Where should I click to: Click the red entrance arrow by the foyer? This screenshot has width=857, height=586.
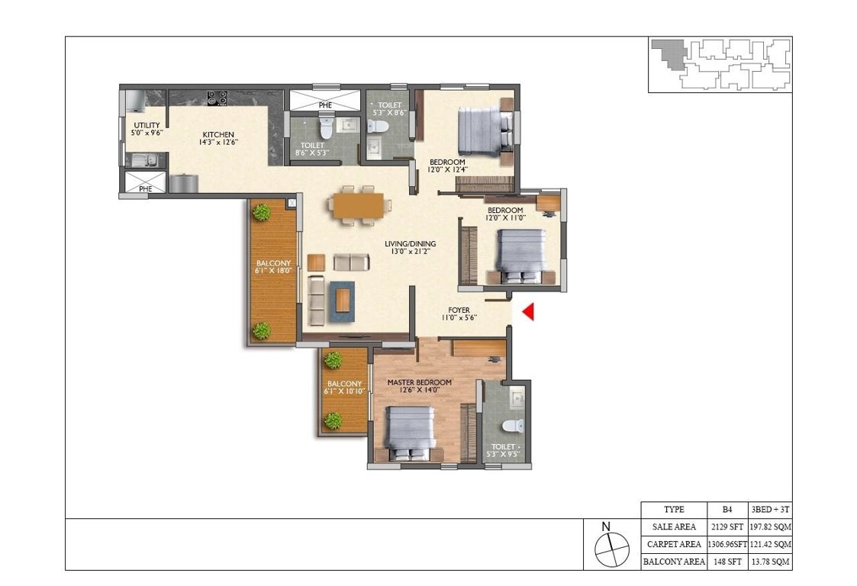527,312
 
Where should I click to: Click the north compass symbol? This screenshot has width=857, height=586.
607,546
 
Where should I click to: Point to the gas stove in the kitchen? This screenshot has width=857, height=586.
216,98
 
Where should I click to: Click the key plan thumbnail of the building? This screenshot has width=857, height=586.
720,65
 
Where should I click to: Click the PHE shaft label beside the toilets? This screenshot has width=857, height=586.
325,105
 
